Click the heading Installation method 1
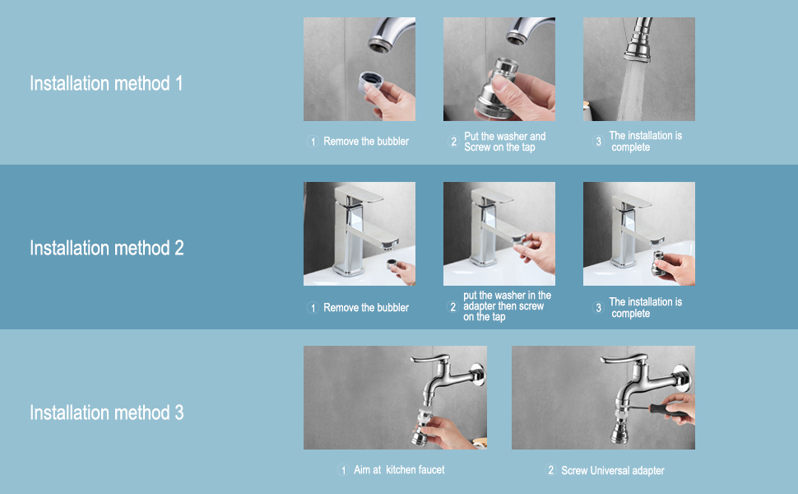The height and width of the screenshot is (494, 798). coord(106,83)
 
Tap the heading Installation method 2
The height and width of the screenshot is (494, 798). coord(106,248)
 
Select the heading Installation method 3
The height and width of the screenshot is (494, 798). coord(106,412)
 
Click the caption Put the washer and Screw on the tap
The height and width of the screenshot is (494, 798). coord(504,142)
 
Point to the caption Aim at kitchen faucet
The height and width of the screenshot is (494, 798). coord(399,469)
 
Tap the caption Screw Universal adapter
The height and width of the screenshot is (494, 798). coord(612,471)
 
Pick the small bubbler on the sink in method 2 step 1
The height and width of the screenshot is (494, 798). coord(392,264)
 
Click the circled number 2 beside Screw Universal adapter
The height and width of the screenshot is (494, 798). coord(550,470)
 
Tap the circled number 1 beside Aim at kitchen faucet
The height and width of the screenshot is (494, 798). coord(343,470)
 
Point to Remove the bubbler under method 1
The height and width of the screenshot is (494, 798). coord(366,141)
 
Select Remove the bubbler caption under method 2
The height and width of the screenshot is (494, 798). coord(366,308)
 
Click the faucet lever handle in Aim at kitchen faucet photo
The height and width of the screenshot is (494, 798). coord(430,359)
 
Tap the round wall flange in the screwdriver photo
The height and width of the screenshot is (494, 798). coord(683,377)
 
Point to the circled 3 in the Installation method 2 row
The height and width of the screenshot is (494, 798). coord(599,308)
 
